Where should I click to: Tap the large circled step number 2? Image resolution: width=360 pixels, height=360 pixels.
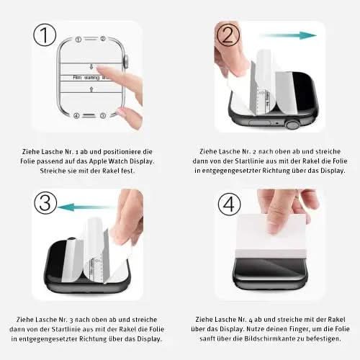tap(228, 35)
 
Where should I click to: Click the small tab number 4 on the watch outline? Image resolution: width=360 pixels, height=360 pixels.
tap(77, 115)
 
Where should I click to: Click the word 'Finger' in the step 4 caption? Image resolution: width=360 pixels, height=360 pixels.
tap(284, 328)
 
